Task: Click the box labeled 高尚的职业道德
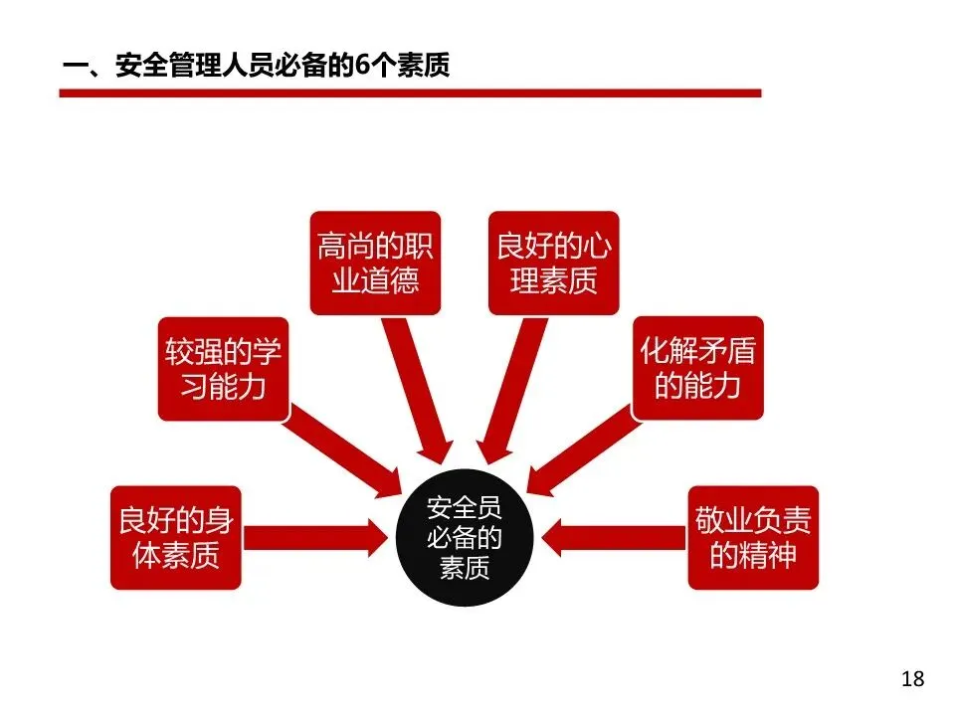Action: [x=375, y=263]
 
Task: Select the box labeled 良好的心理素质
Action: [x=554, y=263]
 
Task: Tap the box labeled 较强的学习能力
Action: [x=223, y=369]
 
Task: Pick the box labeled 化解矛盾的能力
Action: [x=698, y=369]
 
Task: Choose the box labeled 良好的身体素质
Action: [x=175, y=537]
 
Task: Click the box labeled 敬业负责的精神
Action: [x=753, y=537]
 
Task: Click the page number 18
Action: [x=912, y=679]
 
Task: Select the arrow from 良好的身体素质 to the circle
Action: [x=314, y=537]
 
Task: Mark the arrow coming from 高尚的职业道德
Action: [x=418, y=388]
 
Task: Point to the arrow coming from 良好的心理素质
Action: [x=507, y=388]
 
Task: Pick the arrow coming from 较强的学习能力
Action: [x=343, y=447]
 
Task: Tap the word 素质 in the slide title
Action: [x=423, y=67]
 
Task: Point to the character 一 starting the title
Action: [x=76, y=67]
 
